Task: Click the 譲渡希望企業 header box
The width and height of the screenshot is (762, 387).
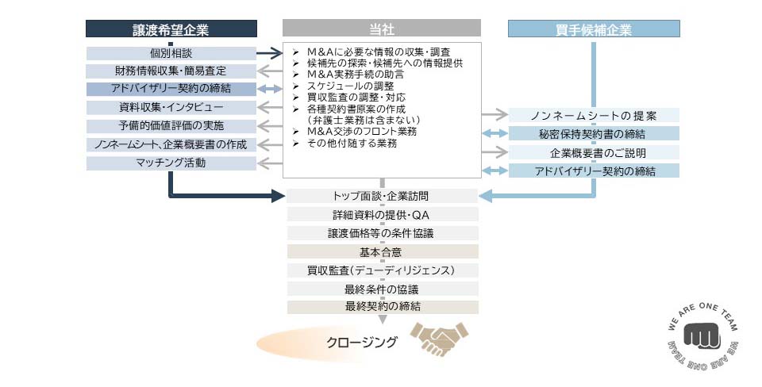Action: pos(171,29)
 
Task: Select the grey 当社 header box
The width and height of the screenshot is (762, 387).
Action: pos(381,29)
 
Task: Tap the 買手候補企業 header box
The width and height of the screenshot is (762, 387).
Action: pos(593,29)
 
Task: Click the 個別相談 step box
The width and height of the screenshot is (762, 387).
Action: pos(171,53)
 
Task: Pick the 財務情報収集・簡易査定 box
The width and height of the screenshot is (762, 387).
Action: pos(171,71)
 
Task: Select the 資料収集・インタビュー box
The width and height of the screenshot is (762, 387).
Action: pos(171,108)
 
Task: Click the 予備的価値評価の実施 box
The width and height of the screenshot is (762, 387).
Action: pos(171,126)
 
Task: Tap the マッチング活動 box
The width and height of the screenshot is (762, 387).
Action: pos(171,163)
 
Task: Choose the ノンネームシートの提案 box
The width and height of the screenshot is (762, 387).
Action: pos(593,116)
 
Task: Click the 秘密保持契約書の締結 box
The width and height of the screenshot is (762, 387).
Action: pos(593,134)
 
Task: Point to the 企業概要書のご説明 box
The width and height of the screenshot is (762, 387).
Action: pos(593,152)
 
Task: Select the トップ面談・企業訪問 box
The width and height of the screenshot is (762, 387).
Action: pos(382,196)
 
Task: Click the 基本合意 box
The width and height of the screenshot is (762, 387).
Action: pos(382,252)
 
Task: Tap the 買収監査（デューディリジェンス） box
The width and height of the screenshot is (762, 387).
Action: pos(382,270)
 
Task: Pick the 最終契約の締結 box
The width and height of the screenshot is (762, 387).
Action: pos(382,307)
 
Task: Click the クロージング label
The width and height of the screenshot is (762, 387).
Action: pos(362,343)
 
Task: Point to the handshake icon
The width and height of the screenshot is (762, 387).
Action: pos(438,339)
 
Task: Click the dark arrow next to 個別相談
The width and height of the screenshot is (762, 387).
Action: pos(270,53)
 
